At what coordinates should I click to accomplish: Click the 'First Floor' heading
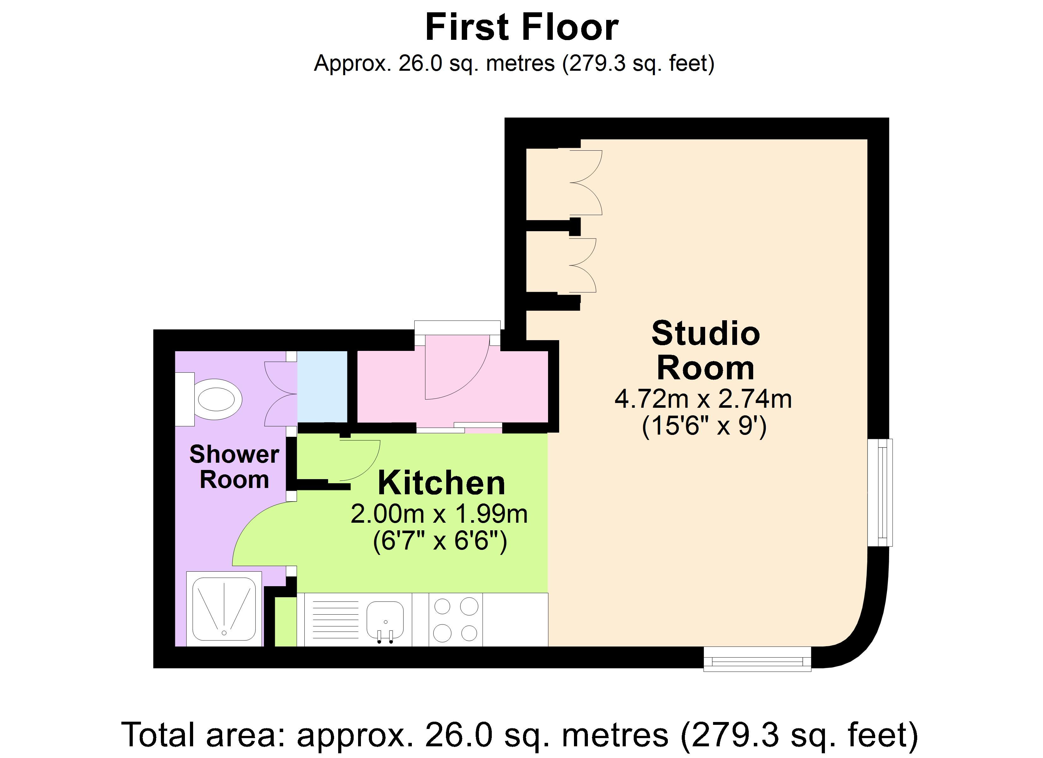point(521,27)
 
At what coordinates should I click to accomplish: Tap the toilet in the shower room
point(209,399)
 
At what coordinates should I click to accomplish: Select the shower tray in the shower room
point(224,609)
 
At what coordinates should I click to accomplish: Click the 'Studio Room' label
point(705,350)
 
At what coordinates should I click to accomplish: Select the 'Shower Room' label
point(234,466)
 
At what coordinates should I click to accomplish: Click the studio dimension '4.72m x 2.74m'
point(703,399)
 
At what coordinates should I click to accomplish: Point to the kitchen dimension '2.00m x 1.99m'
point(439,514)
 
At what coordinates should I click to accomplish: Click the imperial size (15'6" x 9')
point(704,426)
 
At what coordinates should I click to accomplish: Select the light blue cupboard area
point(322,387)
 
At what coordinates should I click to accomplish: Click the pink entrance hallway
point(453,387)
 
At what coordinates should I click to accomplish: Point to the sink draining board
point(334,620)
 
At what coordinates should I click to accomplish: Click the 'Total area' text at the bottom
point(520,734)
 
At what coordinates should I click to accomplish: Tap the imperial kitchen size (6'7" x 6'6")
point(440,541)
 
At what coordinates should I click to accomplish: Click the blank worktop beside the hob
point(515,620)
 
